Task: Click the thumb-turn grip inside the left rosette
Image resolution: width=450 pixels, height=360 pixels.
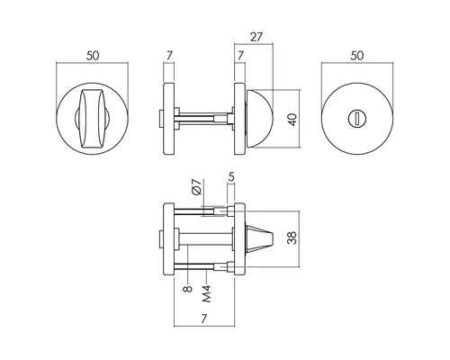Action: point(93,119)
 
